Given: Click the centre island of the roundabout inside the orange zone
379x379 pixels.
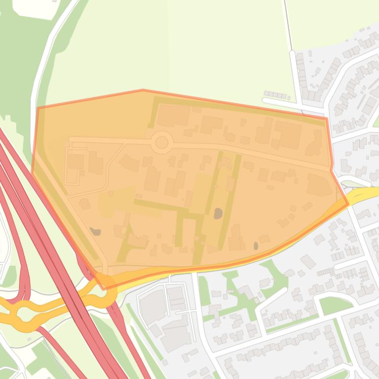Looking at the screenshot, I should pyautogui.click(x=162, y=143).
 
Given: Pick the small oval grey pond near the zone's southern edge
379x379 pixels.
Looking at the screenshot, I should pyautogui.click(x=255, y=245).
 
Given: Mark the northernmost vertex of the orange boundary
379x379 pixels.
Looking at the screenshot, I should pyautogui.click(x=143, y=90).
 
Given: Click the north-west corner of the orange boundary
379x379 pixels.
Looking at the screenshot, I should pyautogui.click(x=38, y=107).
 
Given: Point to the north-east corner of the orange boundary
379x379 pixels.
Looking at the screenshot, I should pyautogui.click(x=326, y=119).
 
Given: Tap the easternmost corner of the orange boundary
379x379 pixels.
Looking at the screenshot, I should pyautogui.click(x=348, y=203).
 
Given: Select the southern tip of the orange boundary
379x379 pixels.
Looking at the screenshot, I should pyautogui.click(x=103, y=288).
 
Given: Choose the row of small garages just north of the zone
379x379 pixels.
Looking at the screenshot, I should pyautogui.click(x=276, y=95).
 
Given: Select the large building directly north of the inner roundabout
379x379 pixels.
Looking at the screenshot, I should pyautogui.click(x=173, y=115).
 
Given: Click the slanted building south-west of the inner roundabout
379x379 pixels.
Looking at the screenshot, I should pyautogui.click(x=129, y=163).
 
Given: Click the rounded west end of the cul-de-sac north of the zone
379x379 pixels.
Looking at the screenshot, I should pyautogui.click(x=264, y=101).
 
